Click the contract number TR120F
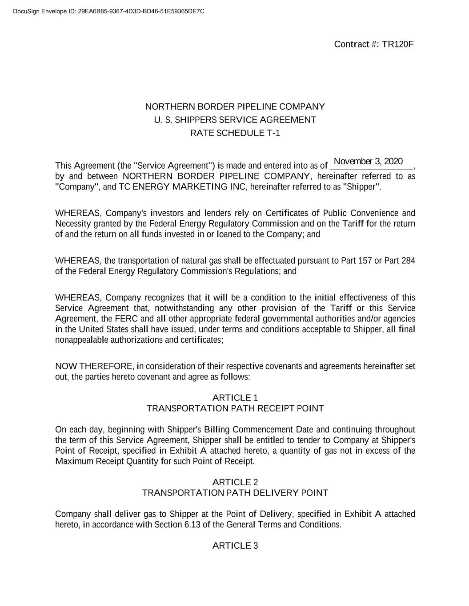[x=398, y=44]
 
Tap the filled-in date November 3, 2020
[x=368, y=161]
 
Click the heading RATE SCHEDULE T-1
[x=235, y=133]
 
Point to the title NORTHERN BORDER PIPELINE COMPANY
[x=235, y=107]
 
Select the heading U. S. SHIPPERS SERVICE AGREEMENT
[x=235, y=120]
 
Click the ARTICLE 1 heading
[x=235, y=398]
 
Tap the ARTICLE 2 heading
[x=235, y=482]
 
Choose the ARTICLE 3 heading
[x=235, y=546]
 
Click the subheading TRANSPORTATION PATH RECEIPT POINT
[x=235, y=408]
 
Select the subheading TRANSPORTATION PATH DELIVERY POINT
[x=235, y=493]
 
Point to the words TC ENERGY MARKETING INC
[x=182, y=187]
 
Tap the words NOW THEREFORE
[x=94, y=366]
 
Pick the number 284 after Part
[x=408, y=261]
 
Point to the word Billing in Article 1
[x=217, y=430]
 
